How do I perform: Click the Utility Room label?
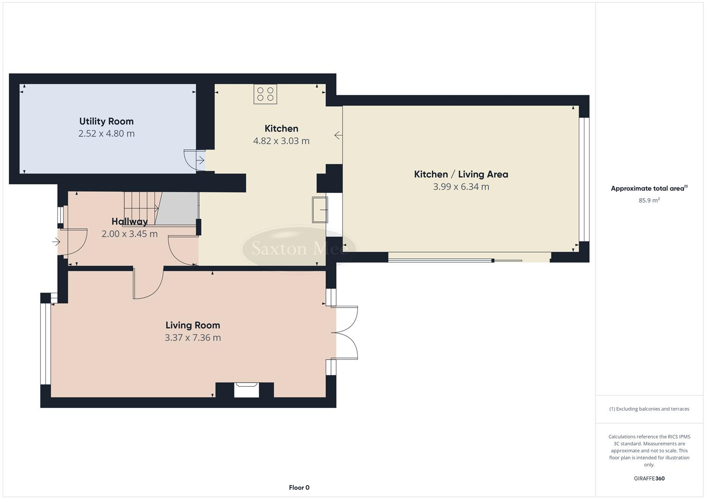click(x=106, y=122)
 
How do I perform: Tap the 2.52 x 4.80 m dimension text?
click(x=106, y=134)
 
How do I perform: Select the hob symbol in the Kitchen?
click(x=265, y=94)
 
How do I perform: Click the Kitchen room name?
click(x=281, y=128)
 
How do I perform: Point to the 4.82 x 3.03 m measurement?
click(x=281, y=141)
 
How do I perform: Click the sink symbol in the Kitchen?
click(x=320, y=209)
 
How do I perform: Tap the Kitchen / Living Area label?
click(x=461, y=174)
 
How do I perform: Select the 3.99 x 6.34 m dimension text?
click(x=461, y=187)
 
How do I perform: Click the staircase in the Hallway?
click(x=141, y=208)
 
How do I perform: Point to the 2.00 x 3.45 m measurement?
click(x=129, y=234)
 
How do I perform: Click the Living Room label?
click(x=193, y=325)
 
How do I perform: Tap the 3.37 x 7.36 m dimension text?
click(x=193, y=338)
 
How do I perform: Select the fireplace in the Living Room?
click(x=246, y=389)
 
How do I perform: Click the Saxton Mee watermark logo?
click(x=299, y=249)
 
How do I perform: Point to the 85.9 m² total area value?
click(x=649, y=200)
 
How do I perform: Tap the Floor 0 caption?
click(x=299, y=487)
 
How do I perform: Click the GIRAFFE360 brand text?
click(x=649, y=478)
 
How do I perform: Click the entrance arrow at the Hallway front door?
click(x=56, y=241)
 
